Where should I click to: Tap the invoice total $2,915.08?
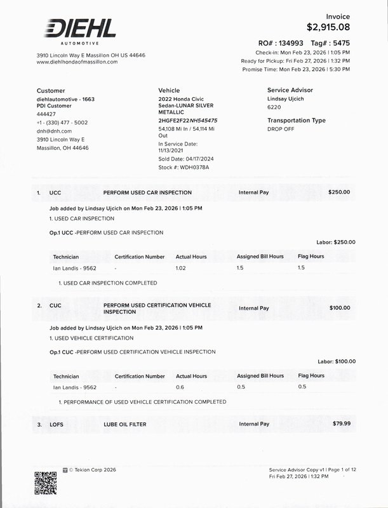(x=328, y=27)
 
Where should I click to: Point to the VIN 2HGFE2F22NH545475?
(x=188, y=120)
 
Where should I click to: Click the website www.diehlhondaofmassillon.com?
(x=77, y=62)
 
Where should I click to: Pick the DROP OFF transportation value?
(x=281, y=128)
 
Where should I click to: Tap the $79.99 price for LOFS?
(x=341, y=423)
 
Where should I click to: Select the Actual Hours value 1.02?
(x=182, y=268)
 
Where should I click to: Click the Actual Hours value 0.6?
(x=179, y=387)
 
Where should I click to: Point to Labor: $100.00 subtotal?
(x=335, y=361)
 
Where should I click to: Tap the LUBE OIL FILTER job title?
(x=129, y=424)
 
